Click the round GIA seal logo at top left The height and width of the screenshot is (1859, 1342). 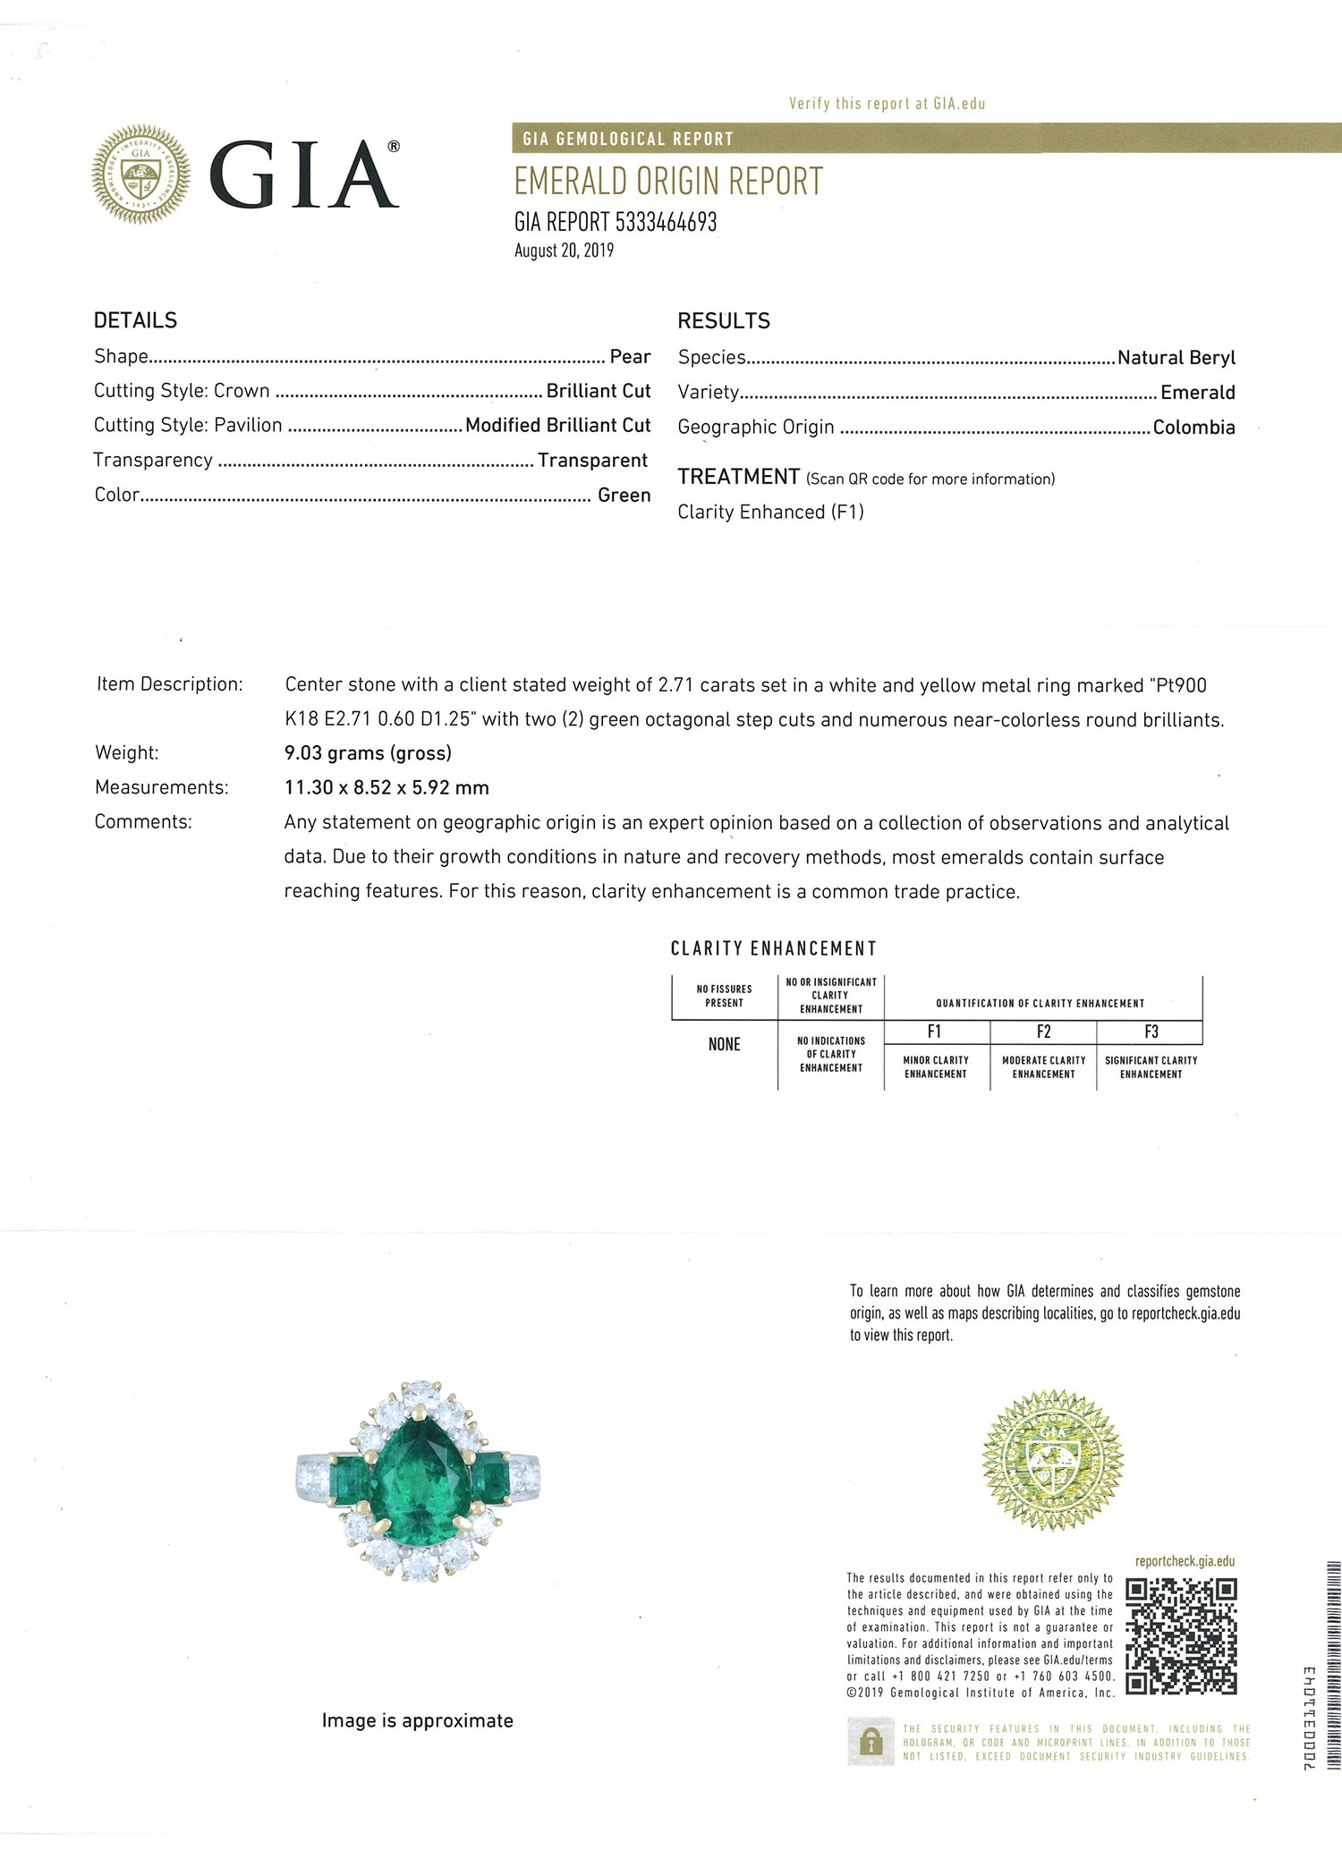click(141, 174)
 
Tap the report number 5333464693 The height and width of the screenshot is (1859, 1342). click(666, 223)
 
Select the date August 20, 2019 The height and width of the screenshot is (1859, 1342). click(564, 250)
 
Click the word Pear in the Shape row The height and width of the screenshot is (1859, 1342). click(630, 357)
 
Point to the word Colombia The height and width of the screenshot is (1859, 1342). click(1193, 428)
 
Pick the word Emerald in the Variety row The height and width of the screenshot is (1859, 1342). click(1197, 393)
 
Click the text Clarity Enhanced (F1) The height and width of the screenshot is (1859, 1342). click(770, 513)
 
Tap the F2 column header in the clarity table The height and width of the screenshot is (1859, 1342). click(1043, 1031)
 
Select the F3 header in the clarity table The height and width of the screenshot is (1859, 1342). click(1151, 1031)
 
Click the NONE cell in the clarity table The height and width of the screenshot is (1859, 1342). click(724, 1045)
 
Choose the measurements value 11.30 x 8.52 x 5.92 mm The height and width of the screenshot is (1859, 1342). click(386, 788)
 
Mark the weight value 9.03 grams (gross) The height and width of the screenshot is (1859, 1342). click(368, 753)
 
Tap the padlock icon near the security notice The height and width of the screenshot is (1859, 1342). click(870, 1741)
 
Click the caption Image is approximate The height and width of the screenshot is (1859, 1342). click(418, 1720)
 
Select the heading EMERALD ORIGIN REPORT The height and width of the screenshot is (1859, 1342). click(667, 182)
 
